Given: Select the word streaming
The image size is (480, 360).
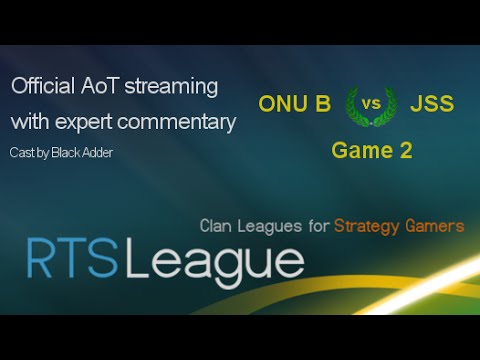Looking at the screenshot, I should (172, 87).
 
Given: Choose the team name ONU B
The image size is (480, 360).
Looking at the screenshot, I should (294, 103).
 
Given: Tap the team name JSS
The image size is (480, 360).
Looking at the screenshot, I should (432, 103).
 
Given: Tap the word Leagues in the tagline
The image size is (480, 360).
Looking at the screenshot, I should (273, 227).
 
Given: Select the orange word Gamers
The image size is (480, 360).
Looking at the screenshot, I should (437, 226).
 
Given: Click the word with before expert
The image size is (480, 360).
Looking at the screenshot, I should (30, 122).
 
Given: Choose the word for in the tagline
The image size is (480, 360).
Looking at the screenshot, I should (319, 226).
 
